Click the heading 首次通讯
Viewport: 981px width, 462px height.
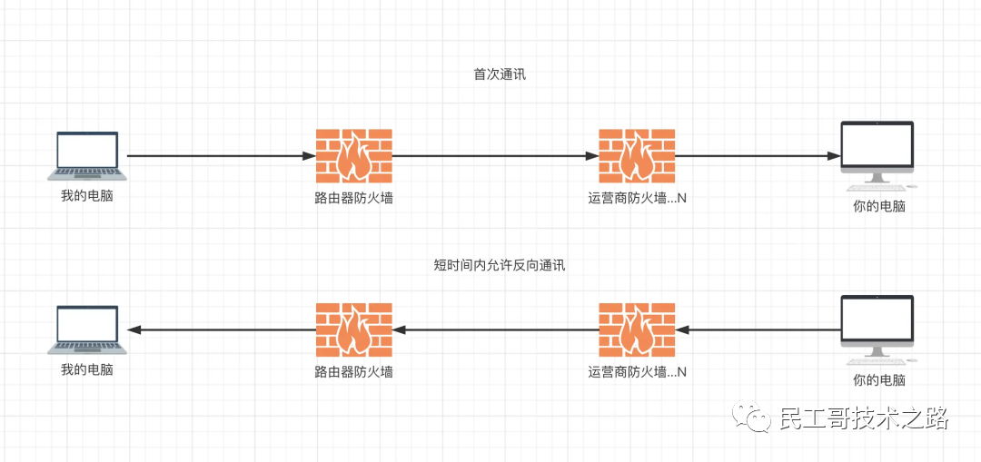click(500, 74)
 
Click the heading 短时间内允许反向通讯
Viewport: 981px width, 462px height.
click(500, 266)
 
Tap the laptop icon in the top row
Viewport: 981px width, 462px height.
click(87, 155)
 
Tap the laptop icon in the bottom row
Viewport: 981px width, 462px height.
click(87, 329)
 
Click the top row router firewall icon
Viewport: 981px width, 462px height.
click(354, 157)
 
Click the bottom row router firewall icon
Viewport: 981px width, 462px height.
click(354, 329)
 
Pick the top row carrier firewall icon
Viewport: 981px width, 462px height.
click(637, 157)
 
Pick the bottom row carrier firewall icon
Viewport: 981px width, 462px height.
click(637, 329)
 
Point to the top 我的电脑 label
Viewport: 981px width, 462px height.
click(87, 196)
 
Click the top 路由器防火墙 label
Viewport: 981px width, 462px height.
click(354, 198)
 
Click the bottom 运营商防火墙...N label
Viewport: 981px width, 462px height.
click(637, 371)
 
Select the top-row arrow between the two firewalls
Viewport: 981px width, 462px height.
click(495, 156)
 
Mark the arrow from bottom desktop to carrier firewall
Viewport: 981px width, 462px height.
click(758, 329)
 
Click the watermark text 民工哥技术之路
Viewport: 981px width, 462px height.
click(863, 418)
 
